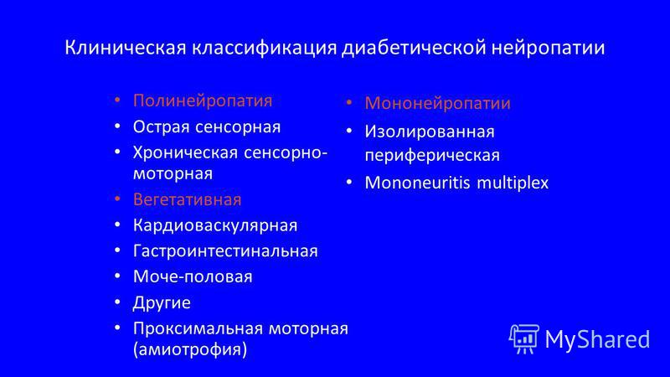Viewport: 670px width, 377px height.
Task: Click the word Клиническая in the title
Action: [126, 47]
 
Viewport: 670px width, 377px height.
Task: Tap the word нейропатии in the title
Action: [549, 48]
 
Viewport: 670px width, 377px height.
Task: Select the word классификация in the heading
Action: [264, 48]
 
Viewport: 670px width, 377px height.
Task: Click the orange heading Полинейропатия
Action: [203, 101]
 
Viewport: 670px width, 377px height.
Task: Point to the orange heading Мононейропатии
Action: [437, 103]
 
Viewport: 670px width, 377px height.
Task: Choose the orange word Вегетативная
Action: [187, 199]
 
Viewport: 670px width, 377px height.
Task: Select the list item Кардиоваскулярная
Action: [215, 225]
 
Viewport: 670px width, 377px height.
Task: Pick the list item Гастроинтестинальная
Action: [225, 250]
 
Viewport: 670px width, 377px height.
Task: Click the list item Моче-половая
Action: [193, 276]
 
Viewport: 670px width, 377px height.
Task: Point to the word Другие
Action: [162, 303]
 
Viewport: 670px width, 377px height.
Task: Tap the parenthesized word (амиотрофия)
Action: [190, 349]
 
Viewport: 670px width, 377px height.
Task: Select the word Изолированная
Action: [430, 132]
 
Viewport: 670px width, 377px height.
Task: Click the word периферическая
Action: [432, 155]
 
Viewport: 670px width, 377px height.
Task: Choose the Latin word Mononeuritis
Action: [417, 183]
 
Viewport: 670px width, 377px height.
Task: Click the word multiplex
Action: [513, 183]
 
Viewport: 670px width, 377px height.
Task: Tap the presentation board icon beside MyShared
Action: [524, 339]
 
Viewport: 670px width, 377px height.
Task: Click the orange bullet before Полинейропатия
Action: [117, 101]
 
